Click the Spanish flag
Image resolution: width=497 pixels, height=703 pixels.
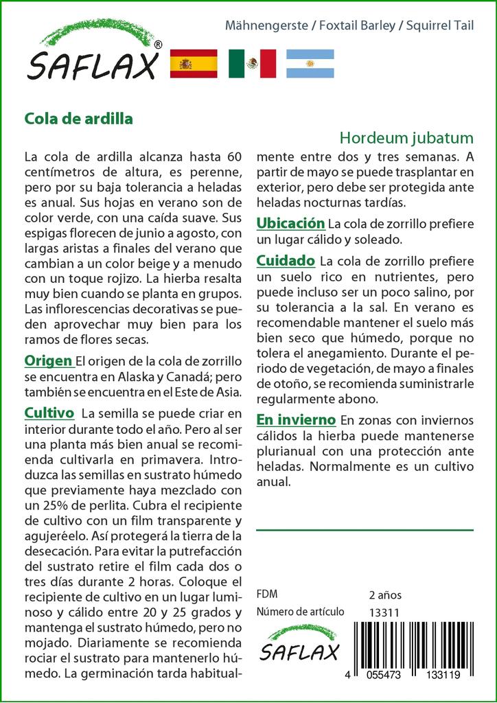click(x=193, y=64)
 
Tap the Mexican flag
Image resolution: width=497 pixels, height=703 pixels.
click(x=252, y=64)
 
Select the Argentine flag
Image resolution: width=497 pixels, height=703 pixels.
click(x=310, y=64)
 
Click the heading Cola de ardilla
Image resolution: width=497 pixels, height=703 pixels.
click(x=79, y=117)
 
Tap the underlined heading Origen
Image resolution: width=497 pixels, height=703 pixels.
click(x=49, y=361)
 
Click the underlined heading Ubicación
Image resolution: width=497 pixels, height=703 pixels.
click(x=290, y=224)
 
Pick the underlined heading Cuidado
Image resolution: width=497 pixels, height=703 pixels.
click(x=286, y=261)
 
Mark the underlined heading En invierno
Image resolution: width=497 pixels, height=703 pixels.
click(x=296, y=419)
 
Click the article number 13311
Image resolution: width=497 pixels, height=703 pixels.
click(x=384, y=612)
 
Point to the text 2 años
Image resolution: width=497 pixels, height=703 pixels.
click(x=385, y=595)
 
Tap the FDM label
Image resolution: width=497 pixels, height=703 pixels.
click(x=267, y=595)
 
